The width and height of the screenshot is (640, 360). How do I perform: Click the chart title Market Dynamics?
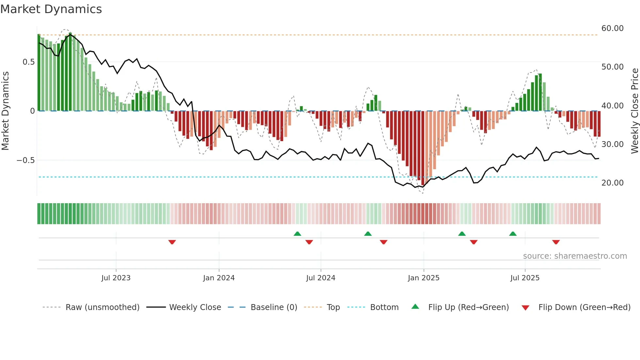click(x=51, y=9)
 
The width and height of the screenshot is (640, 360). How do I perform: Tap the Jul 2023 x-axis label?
click(x=116, y=278)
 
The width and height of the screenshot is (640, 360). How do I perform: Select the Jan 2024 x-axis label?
click(x=218, y=278)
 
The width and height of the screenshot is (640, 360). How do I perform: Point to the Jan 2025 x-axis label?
click(x=423, y=278)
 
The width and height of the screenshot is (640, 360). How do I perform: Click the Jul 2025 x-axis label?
click(x=525, y=278)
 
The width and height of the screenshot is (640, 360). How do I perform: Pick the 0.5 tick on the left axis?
click(x=28, y=62)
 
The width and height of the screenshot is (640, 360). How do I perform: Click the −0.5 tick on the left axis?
click(x=25, y=160)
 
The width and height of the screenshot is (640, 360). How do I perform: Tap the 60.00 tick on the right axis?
click(x=612, y=28)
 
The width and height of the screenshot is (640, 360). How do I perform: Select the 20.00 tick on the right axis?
click(x=612, y=183)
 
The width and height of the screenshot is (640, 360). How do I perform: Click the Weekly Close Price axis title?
click(x=634, y=111)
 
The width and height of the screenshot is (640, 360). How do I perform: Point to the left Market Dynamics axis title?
click(x=5, y=111)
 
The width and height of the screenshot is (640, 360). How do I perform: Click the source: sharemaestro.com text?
click(x=575, y=256)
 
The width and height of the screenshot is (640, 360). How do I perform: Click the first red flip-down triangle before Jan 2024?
click(x=172, y=242)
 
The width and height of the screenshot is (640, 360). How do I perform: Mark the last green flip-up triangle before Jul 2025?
click(x=513, y=234)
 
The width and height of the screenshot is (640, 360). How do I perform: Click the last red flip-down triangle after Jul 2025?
click(x=556, y=242)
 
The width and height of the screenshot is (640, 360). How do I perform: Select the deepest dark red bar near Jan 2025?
click(x=423, y=149)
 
